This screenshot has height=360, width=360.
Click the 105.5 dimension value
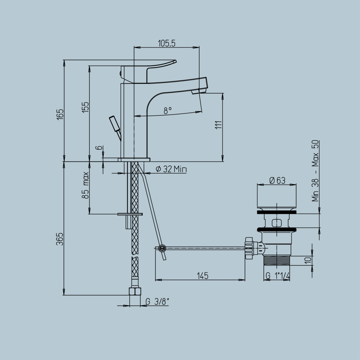[167, 43]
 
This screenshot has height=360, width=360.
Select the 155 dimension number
[86, 107]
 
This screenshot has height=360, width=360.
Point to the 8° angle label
[168, 111]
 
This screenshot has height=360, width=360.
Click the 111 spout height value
[218, 125]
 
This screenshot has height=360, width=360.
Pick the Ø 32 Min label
[171, 169]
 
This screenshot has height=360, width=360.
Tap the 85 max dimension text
[86, 185]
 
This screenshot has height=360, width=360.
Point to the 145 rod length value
[202, 276]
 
